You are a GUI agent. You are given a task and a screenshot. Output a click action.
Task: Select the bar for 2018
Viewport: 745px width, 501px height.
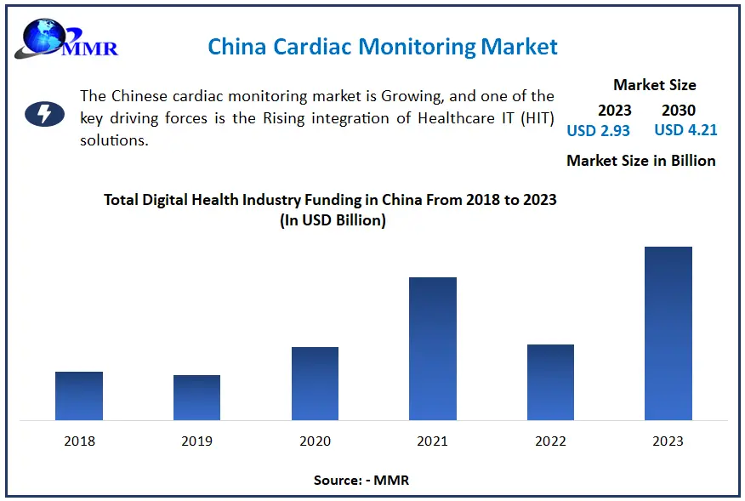79,396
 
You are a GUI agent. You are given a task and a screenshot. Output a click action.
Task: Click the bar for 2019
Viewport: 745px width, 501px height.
196,397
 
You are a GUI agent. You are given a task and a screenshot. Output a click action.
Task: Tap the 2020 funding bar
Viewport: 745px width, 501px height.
315,384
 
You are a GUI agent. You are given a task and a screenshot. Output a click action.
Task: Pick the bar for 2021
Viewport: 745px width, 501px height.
433,349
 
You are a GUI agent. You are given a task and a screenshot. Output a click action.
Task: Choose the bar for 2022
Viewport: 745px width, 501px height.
550,382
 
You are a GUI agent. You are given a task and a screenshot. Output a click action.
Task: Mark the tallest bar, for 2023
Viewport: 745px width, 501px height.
668,333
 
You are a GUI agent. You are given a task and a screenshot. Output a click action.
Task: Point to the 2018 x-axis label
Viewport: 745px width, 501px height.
79,441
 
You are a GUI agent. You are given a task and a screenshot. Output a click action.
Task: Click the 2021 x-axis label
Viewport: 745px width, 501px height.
433,441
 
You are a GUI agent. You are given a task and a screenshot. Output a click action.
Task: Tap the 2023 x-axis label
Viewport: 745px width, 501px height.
668,441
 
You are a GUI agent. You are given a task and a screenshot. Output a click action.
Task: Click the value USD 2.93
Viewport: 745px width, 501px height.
599,130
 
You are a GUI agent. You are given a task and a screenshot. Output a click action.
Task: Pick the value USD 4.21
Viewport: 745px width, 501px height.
686,130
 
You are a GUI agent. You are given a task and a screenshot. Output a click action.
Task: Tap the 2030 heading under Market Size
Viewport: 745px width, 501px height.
679,110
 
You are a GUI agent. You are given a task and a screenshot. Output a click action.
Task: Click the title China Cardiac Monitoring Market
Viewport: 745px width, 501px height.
383,46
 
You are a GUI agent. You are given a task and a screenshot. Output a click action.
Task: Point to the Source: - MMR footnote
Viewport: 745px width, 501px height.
361,481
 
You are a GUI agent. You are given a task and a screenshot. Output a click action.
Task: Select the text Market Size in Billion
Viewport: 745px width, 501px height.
641,161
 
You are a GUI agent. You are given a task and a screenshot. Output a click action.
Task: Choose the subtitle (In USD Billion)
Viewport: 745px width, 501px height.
332,220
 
